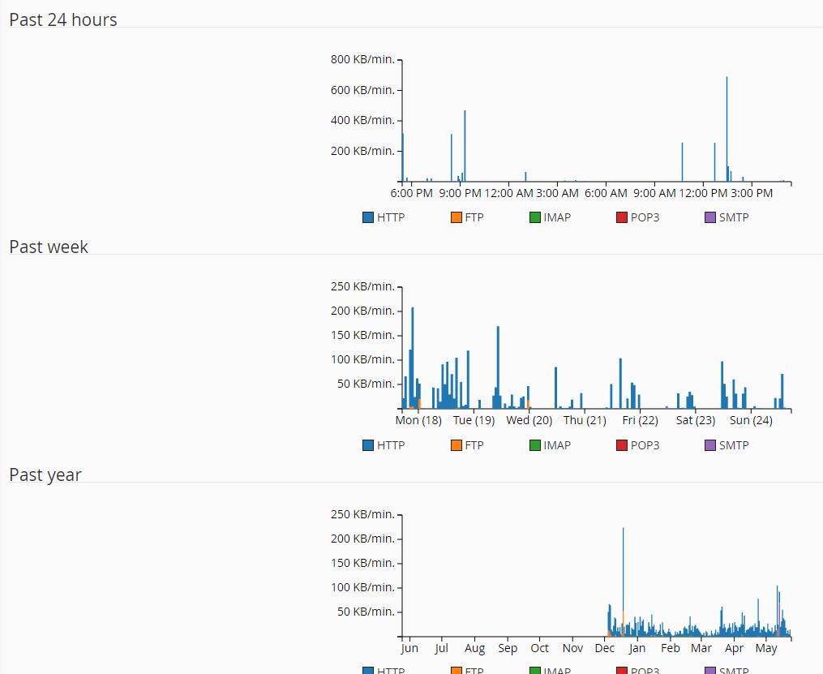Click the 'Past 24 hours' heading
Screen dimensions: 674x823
[63, 19]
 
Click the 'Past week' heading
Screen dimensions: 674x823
[49, 247]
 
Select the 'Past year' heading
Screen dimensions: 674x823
[45, 474]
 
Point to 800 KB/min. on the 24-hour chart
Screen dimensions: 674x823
[362, 59]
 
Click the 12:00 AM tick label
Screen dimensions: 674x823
[508, 193]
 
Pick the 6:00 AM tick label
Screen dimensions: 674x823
[606, 193]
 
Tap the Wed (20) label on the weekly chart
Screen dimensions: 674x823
[529, 420]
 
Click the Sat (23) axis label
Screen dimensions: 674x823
[696, 420]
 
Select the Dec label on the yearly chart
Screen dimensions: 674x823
[604, 648]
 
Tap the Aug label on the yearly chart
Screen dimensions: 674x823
[474, 648]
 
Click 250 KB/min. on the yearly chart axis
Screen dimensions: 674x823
[362, 514]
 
